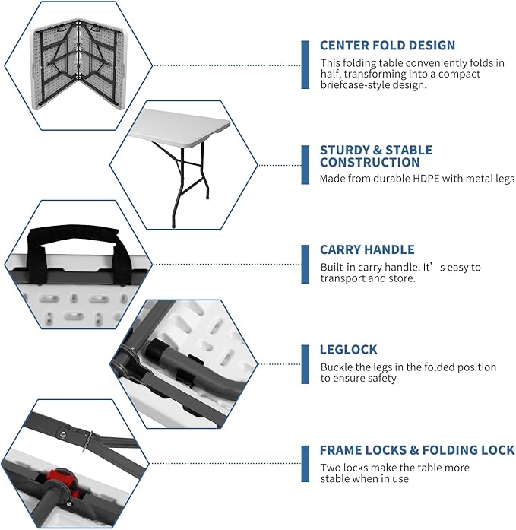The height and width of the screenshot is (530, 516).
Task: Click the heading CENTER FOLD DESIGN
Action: (388, 46)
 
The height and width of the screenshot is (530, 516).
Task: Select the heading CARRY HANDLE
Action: (367, 249)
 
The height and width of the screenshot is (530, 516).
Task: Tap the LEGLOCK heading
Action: (349, 350)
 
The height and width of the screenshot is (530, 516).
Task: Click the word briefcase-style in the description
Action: (356, 85)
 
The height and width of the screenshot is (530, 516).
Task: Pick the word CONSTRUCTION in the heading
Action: (370, 162)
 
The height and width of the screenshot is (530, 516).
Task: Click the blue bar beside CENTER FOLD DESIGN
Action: (305, 64)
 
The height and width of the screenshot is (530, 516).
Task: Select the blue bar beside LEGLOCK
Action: (305, 364)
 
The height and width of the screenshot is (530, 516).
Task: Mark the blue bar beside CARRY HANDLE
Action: (305, 264)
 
